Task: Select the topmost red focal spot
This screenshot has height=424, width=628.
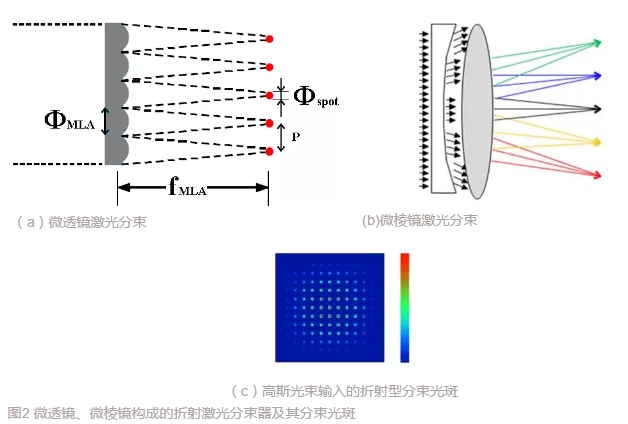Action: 270,39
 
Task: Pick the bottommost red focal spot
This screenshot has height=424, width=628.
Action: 270,151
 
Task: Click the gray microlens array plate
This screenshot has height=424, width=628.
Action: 113,95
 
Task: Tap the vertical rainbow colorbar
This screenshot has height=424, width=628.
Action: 404,306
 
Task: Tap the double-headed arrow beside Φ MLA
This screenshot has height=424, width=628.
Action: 106,122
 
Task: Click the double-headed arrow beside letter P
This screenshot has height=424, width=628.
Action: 281,137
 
